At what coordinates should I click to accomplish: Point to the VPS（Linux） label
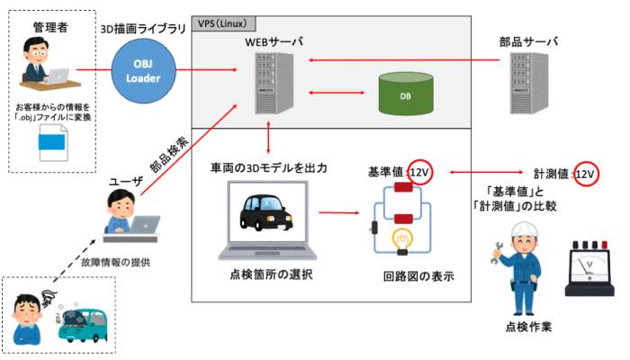coord(225,22)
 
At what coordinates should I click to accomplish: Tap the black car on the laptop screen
coord(266,213)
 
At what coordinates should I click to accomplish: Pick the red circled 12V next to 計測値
coord(584,174)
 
